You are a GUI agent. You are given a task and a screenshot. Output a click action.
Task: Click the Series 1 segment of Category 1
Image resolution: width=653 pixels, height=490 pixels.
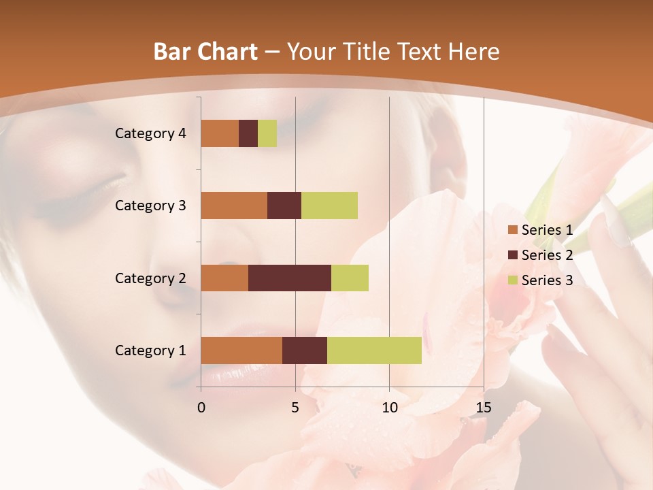tap(241, 350)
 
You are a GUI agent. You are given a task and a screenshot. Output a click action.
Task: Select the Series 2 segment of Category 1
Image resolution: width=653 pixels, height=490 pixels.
tap(305, 350)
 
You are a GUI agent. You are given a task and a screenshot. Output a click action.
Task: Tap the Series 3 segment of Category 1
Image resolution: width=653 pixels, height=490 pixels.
tap(374, 350)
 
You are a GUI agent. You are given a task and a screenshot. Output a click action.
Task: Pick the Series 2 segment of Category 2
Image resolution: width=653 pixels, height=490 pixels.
tap(290, 278)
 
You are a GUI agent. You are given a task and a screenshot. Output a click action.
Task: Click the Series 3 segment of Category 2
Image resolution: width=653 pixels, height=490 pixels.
tap(350, 278)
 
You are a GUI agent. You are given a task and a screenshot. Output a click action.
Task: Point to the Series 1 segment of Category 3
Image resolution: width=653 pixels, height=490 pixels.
tap(234, 206)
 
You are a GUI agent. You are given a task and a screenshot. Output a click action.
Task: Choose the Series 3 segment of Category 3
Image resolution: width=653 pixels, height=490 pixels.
tap(329, 206)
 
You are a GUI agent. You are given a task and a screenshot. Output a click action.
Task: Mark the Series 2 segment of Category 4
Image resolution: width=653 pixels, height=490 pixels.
tap(248, 133)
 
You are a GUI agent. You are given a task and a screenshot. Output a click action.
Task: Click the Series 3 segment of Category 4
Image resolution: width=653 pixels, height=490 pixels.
tap(267, 133)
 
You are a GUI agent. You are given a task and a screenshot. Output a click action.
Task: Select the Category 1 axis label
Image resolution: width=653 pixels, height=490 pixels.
tap(150, 350)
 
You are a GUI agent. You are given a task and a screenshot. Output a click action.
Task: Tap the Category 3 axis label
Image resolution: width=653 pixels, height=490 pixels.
tap(150, 206)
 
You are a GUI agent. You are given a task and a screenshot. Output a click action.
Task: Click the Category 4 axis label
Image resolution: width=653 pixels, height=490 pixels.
tap(150, 133)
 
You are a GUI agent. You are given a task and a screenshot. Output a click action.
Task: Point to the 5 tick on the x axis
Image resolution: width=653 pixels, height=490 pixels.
tap(295, 408)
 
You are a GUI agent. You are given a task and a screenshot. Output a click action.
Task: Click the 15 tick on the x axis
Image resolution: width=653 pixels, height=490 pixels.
tap(483, 408)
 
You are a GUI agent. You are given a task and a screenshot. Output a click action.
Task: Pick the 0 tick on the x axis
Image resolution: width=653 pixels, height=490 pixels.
tap(201, 408)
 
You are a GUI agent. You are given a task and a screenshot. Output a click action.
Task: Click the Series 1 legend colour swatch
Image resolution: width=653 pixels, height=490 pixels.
tap(512, 231)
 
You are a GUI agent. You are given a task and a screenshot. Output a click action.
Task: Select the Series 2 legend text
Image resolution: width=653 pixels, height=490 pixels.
tap(547, 255)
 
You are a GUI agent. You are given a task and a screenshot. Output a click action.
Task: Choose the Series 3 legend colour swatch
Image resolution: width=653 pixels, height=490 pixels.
tap(512, 280)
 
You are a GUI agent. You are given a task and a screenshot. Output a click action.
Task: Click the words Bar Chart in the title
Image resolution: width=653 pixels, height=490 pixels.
tap(205, 52)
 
